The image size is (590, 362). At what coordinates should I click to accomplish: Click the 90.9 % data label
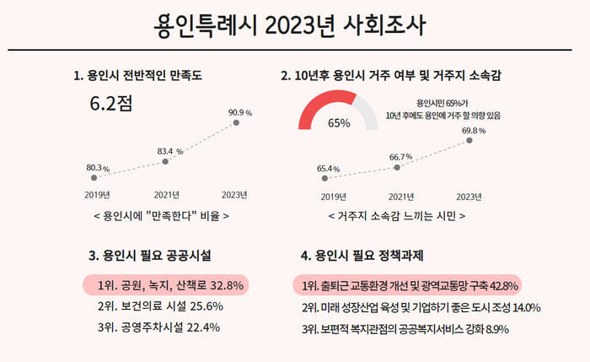click(x=240, y=111)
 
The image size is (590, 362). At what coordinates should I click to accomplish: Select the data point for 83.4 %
click(x=165, y=160)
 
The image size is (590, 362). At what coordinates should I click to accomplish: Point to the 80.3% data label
click(x=98, y=168)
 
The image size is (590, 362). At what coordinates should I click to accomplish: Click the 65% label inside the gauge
click(x=339, y=122)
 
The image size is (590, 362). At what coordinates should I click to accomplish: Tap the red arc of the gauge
click(x=318, y=106)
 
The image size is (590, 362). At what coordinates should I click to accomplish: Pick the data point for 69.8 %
click(x=469, y=142)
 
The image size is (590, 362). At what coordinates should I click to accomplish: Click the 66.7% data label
click(x=400, y=157)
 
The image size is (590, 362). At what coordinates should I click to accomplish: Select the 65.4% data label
click(x=328, y=169)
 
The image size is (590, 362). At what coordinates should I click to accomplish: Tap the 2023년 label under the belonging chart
click(x=468, y=197)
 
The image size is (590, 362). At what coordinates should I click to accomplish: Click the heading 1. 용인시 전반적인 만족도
click(x=138, y=76)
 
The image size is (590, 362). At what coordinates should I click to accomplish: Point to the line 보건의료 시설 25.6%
click(x=159, y=306)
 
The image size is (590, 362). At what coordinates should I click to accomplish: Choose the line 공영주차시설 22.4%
click(x=158, y=327)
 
